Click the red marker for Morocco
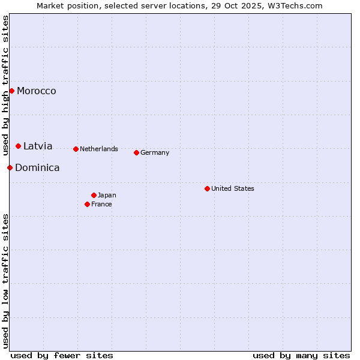coord(11,91)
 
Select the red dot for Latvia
coord(19,146)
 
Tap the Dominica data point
coord(10,168)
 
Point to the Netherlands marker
coord(76,149)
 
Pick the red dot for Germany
coord(136,153)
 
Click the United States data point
coord(207,189)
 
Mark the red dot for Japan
coord(94,196)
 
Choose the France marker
coord(87,205)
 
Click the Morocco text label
coord(37,91)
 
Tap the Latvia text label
coord(38,146)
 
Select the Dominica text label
coord(37,168)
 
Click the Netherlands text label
coord(99,149)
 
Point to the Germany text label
coord(155,153)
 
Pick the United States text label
coord(233,189)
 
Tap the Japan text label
coord(107,196)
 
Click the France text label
coord(101,205)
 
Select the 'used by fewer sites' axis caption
coord(62,355)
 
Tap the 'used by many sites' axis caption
coord(301,355)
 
